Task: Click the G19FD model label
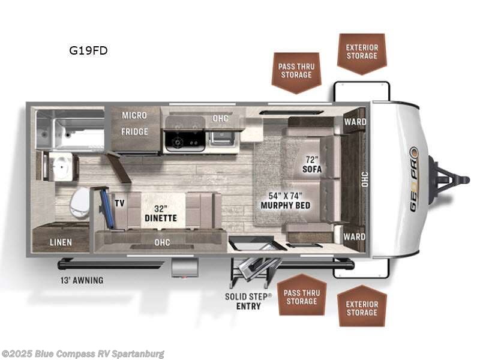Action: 88,50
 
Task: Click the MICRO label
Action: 135,115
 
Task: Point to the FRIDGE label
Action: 135,131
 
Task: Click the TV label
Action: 119,203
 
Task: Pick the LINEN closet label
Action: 61,242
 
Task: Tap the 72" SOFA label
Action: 312,164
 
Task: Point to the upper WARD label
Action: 355,122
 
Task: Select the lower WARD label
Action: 355,236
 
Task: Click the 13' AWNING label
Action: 80,280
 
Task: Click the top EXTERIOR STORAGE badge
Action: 362,52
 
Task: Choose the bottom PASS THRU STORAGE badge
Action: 302,296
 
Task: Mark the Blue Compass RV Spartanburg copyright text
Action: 83,354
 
